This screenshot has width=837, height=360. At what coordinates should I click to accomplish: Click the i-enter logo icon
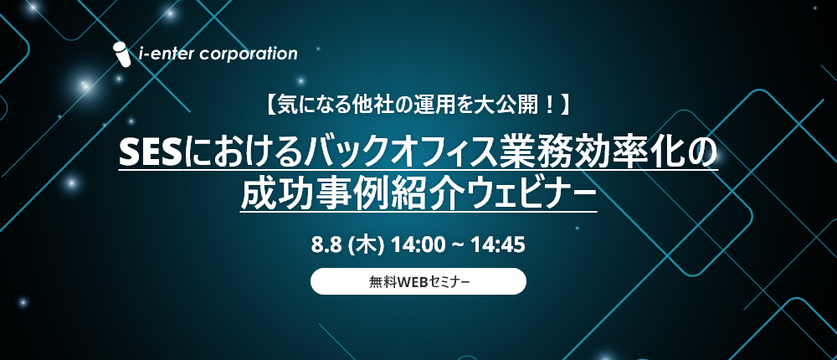(x=121, y=54)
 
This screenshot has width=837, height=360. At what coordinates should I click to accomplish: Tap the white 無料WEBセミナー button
(x=418, y=281)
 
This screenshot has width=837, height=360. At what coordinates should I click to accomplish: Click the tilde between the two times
(x=458, y=246)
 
